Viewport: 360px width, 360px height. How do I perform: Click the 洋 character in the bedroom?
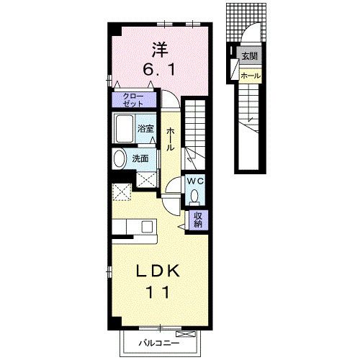click(x=160, y=50)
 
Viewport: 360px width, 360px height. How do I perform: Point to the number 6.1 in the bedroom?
click(x=159, y=70)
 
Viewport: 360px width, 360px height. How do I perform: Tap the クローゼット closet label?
click(x=133, y=100)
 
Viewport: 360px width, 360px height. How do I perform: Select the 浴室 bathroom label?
click(x=145, y=129)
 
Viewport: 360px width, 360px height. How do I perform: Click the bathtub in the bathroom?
click(x=125, y=129)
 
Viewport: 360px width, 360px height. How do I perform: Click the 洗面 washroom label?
click(x=140, y=158)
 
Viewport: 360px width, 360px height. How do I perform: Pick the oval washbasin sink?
click(x=120, y=158)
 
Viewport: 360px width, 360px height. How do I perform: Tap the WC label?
click(x=195, y=181)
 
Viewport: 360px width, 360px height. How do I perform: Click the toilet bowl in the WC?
click(x=194, y=196)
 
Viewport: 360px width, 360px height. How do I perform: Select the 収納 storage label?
click(x=198, y=220)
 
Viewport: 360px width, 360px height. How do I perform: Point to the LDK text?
click(x=158, y=271)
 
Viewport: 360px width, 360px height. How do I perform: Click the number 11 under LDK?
click(x=158, y=292)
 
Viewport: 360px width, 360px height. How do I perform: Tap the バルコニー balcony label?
click(x=159, y=343)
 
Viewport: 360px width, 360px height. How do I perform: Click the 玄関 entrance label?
click(x=250, y=56)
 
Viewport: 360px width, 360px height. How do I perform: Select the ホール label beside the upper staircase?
click(x=170, y=139)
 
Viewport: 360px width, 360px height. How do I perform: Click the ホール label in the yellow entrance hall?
click(x=251, y=76)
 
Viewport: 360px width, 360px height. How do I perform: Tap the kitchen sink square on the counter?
click(x=147, y=227)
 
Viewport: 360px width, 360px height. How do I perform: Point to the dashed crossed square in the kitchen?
click(x=122, y=192)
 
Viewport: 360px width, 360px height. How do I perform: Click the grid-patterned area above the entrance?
click(x=246, y=22)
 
